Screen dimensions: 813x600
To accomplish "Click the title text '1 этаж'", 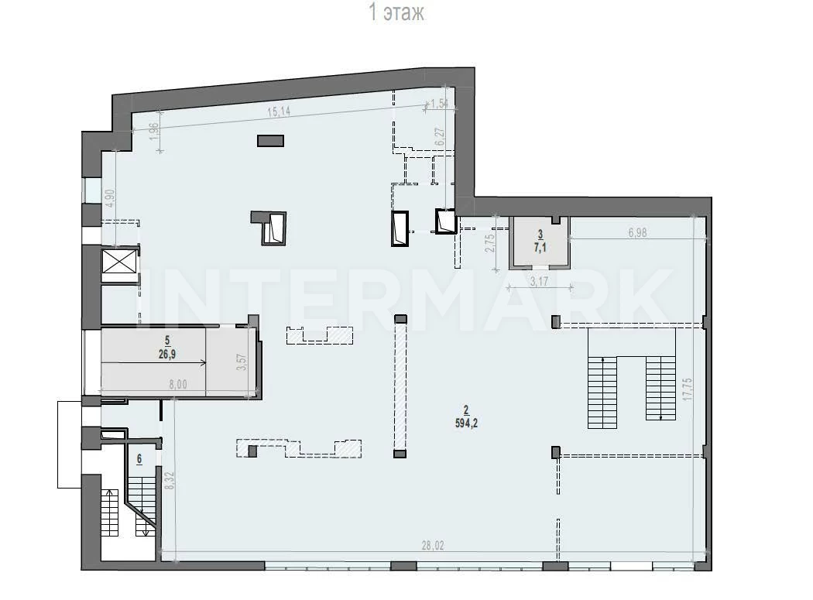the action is click(396, 12).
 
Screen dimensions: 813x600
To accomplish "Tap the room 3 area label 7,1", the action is click(540, 248).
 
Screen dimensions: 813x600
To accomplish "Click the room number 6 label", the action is click(139, 459).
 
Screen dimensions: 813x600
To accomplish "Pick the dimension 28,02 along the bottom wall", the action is click(432, 546).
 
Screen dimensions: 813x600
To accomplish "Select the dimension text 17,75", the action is click(688, 388).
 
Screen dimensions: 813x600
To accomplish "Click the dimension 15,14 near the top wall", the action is click(279, 111).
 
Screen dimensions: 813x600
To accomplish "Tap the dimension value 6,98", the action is click(637, 233).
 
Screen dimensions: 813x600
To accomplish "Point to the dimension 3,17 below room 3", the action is click(540, 282).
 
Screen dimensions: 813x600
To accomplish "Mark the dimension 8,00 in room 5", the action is click(178, 384).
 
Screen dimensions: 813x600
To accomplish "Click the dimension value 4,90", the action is click(109, 198).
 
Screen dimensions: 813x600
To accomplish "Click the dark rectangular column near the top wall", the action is click(270, 141).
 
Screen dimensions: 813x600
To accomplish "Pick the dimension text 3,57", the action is click(241, 362).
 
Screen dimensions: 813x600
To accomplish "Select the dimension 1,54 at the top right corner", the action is click(439, 103).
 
